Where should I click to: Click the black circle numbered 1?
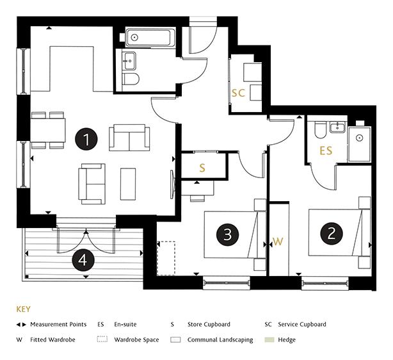coord(86,139)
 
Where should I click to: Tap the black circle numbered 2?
coord(332,233)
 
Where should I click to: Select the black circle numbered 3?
coord(227,234)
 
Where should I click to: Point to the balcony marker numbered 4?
coord(83,260)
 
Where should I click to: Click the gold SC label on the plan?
coord(238,93)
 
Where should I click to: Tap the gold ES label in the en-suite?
coord(326,151)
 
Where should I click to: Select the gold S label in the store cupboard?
coord(202,168)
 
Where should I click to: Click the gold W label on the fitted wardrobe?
coord(278,241)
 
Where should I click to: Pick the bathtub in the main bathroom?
coord(150,38)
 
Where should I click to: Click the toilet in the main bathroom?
coord(131,79)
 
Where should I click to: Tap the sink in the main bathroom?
coord(129,61)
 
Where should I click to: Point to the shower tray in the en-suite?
coord(360,145)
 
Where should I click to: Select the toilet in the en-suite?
coord(320,130)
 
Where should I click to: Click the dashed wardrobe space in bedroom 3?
coord(166,258)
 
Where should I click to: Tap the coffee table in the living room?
coord(128,184)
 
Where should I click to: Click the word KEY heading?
coord(23,309)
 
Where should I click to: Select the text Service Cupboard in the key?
coord(302,324)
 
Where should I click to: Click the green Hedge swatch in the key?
coord(269,340)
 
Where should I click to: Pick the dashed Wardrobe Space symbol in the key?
coord(102,339)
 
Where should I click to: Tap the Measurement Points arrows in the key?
coord(21,325)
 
